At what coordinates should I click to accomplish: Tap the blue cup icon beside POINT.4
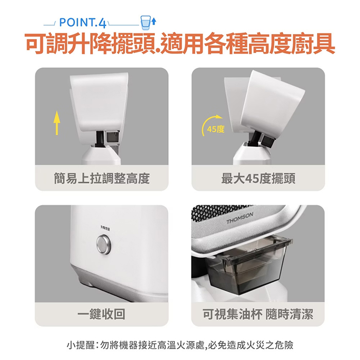(146, 22)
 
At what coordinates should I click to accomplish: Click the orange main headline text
(180, 45)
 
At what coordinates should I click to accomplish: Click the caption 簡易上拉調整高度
(101, 178)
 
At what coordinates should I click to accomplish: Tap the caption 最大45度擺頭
(258, 178)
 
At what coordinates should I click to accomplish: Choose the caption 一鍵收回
(101, 314)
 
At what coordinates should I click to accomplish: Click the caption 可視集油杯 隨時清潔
(258, 314)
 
